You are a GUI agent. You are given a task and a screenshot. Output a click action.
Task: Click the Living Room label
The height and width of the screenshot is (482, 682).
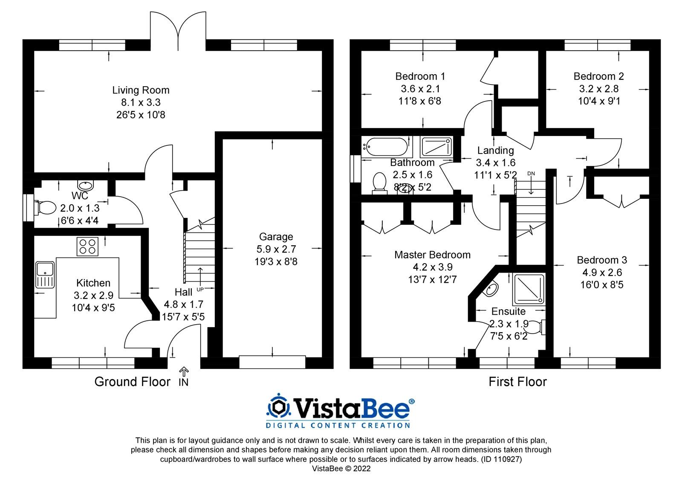coord(141,90)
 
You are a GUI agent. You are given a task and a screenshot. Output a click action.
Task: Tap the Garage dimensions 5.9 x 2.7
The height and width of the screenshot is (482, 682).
coord(276,249)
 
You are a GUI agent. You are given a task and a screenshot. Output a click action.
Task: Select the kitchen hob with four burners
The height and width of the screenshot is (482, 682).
coord(87,247)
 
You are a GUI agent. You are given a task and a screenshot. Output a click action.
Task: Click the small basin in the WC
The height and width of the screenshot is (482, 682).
coord(85,186)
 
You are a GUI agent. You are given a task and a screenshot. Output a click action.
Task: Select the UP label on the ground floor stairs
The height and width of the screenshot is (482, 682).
coord(200,290)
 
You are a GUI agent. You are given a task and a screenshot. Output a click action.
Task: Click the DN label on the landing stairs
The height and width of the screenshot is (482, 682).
coord(531,173)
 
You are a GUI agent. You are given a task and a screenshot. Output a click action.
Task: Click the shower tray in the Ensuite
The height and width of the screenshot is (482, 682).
coord(529,290)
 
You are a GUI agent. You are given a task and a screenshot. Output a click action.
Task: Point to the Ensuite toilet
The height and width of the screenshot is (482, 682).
coord(536,327)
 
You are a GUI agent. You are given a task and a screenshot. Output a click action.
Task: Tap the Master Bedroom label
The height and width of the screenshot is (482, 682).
coord(432,255)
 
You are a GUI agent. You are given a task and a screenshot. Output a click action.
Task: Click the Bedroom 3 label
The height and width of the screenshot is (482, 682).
coord(602,260)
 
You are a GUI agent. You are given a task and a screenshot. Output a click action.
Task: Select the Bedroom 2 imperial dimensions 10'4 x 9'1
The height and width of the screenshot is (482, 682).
coord(598,101)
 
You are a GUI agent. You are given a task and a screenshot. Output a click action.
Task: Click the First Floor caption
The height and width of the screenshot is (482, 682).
coord(517,381)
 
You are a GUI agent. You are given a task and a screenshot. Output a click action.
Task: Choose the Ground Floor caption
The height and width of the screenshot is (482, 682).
coord(132,381)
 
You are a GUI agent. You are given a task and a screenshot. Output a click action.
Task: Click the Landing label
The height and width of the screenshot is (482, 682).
coord(495,150)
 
